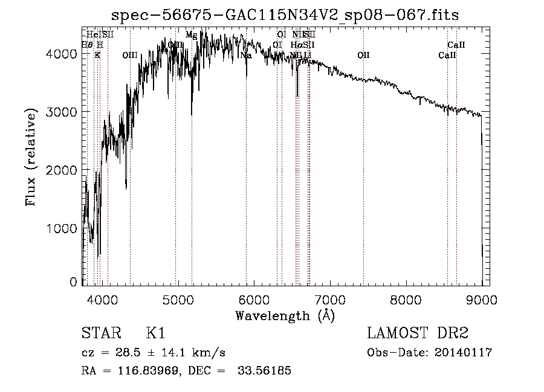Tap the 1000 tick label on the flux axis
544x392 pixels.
(63, 228)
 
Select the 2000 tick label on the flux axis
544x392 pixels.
(63, 170)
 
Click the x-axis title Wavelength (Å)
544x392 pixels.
(285, 315)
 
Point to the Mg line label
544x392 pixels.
(191, 35)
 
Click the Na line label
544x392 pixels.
(245, 56)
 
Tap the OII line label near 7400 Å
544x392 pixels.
(363, 56)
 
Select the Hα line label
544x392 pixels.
(296, 45)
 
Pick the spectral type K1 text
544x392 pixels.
(155, 333)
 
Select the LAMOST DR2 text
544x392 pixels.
(418, 333)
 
